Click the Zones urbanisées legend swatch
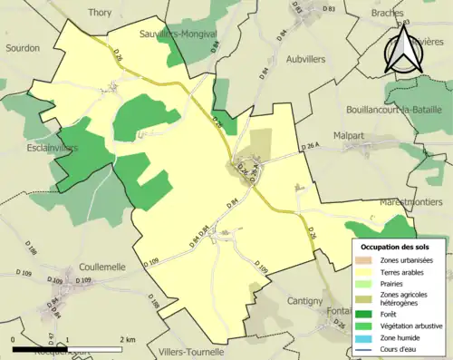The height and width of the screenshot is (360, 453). (x=365, y=260)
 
